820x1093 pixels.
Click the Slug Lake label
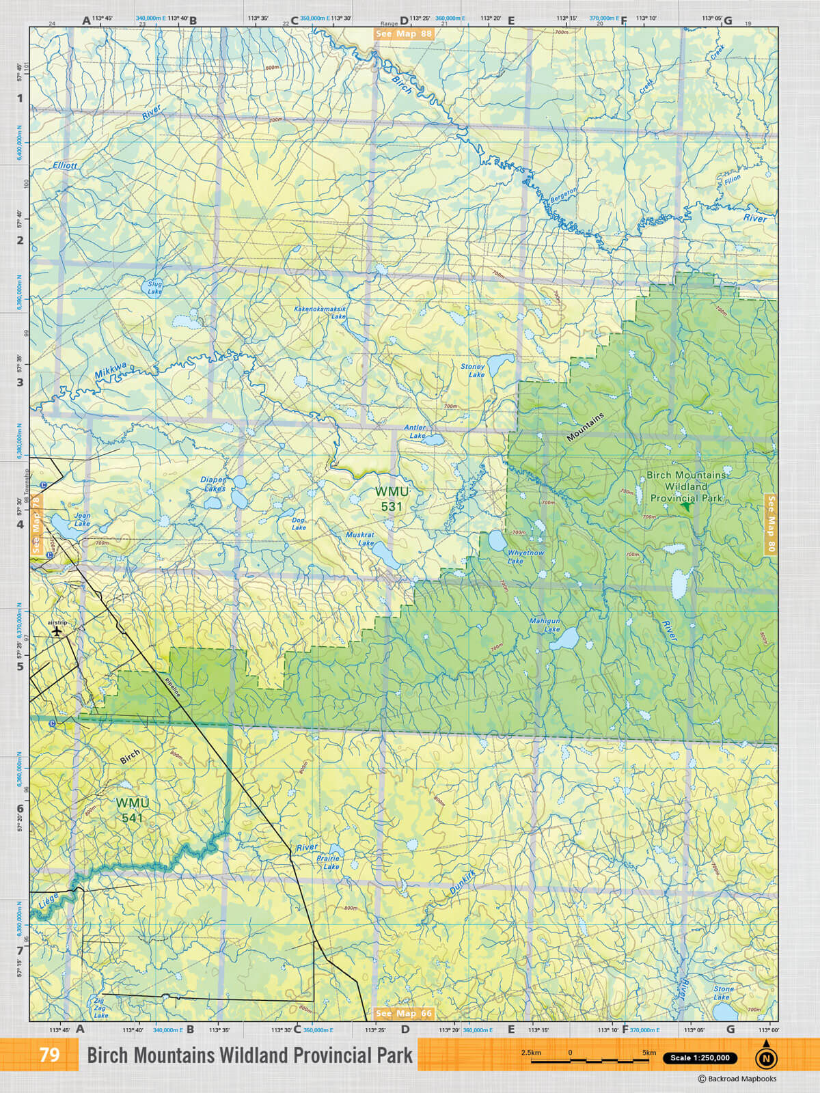tap(155, 288)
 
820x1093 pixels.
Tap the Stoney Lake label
tap(472, 370)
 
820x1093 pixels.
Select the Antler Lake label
tap(415, 432)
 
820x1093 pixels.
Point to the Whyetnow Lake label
tap(525, 557)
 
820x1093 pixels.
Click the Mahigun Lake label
tap(545, 625)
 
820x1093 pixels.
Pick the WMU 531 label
tap(392, 499)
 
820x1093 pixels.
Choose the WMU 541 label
tap(132, 810)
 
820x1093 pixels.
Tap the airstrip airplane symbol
tap(57, 631)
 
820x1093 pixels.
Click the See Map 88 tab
tap(404, 33)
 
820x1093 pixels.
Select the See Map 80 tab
tap(771, 523)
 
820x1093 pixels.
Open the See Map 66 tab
tap(404, 1013)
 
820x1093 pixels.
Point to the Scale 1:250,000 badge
tap(700, 1058)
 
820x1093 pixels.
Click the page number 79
tap(49, 1055)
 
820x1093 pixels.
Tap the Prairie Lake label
tap(329, 862)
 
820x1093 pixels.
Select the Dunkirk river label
tap(463, 883)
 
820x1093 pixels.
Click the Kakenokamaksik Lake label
tap(320, 312)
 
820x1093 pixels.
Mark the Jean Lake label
tap(82, 520)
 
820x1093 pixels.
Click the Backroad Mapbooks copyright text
tap(737, 1079)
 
